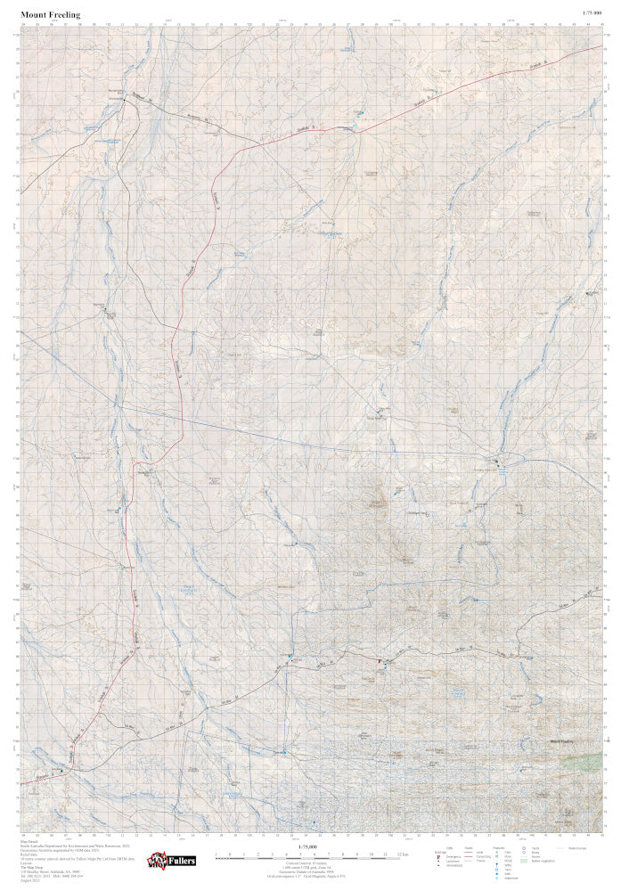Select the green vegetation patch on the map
584,761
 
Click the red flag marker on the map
380,661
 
